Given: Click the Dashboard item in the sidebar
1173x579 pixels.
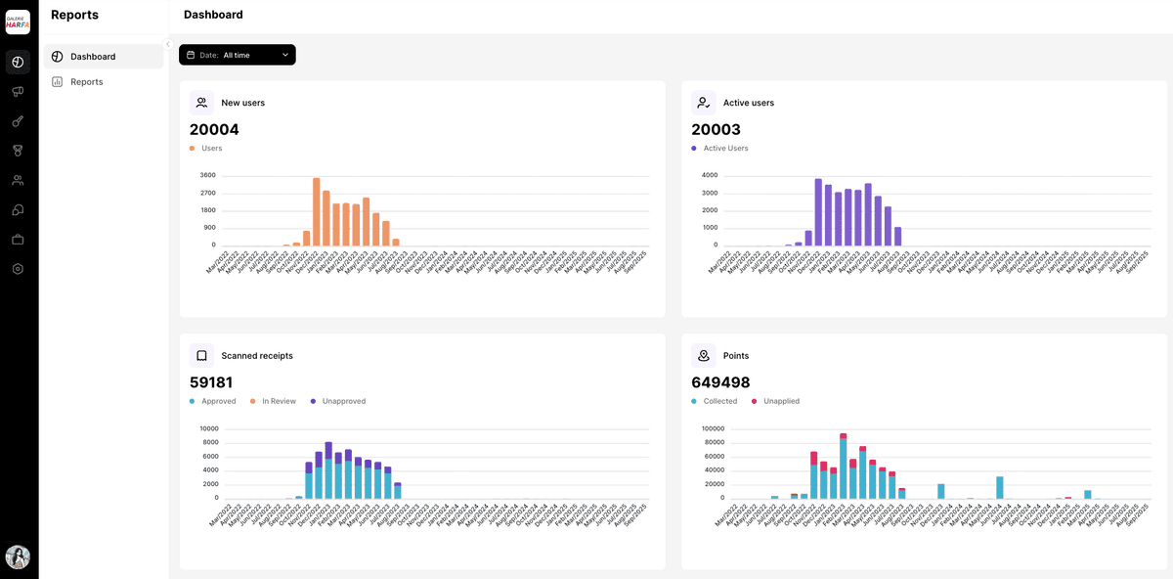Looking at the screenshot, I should pos(92,57).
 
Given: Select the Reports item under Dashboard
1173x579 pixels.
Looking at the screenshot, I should pos(86,82).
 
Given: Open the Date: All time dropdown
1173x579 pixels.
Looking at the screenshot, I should pos(237,55).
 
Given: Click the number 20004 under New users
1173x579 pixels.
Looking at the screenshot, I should pos(214,129).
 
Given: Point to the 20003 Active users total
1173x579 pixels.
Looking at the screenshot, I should pos(716,129).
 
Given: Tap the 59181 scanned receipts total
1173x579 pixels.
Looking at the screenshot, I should pos(211,382).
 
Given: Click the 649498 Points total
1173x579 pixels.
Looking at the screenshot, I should pos(720,382).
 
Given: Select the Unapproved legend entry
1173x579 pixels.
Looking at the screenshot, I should pos(343,401).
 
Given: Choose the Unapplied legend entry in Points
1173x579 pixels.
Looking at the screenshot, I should pos(780,401).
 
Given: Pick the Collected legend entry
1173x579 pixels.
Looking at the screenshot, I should pos(720,401).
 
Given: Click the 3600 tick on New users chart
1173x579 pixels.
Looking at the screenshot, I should pos(207,175).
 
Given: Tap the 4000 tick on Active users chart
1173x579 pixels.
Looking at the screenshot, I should pos(710,175).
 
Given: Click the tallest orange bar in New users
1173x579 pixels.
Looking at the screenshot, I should pos(317,211).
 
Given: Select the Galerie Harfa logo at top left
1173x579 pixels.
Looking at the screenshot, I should pos(18,22).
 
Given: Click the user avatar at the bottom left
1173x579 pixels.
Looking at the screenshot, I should pos(18,557).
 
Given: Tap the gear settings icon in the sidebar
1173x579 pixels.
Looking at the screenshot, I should pos(18,269).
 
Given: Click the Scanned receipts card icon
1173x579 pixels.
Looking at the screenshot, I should pos(201,356).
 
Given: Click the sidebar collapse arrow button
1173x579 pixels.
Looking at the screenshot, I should pos(168,44).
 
